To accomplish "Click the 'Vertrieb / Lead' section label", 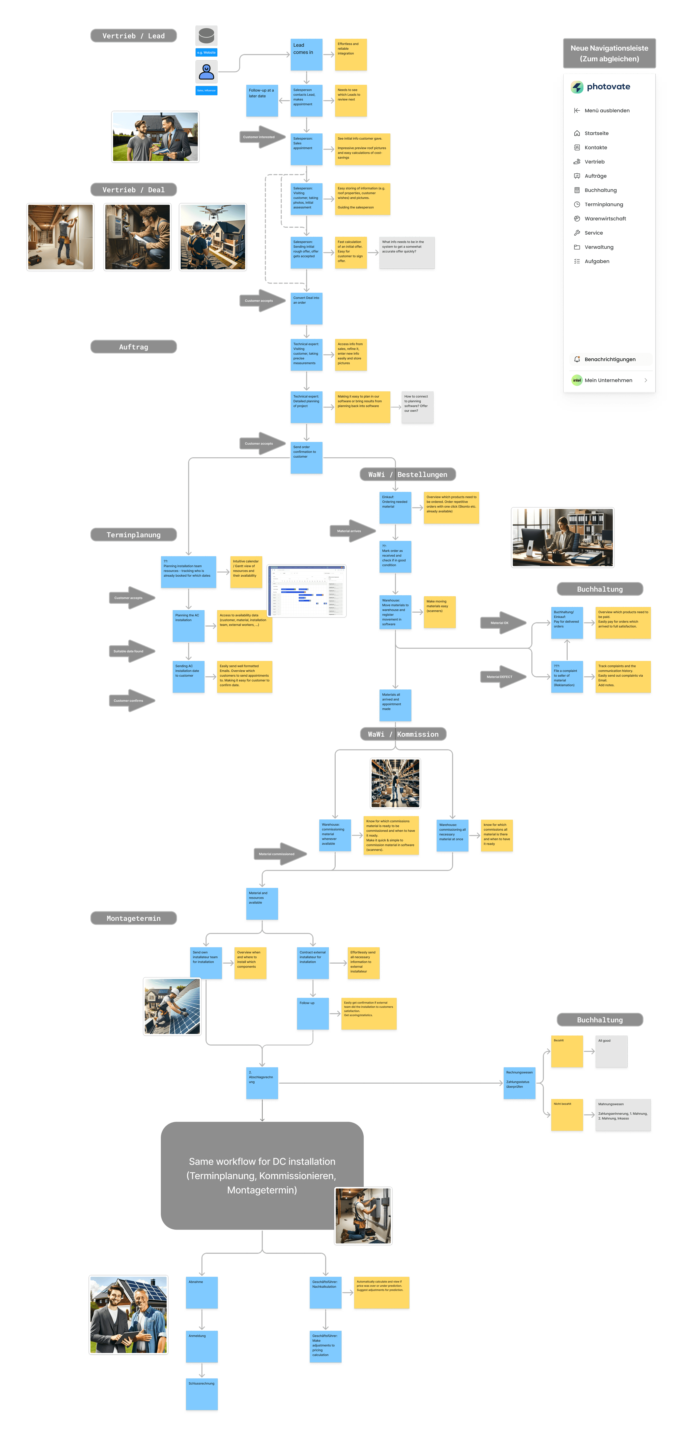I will pyautogui.click(x=133, y=36).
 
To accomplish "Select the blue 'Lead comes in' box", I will pyautogui.click(x=306, y=55).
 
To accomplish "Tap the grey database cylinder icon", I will pyautogui.click(x=206, y=35).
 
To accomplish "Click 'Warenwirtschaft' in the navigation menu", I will pyautogui.click(x=605, y=219).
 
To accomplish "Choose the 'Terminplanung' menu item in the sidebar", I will pyautogui.click(x=603, y=204).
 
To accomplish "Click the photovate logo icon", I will pyautogui.click(x=577, y=87).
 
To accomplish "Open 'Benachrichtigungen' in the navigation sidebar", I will pyautogui.click(x=609, y=359).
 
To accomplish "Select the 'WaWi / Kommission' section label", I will pyautogui.click(x=403, y=734).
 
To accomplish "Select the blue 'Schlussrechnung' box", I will pyautogui.click(x=202, y=1394).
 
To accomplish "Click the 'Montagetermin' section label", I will pyautogui.click(x=133, y=918).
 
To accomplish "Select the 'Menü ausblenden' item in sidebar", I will pyautogui.click(x=607, y=111).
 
